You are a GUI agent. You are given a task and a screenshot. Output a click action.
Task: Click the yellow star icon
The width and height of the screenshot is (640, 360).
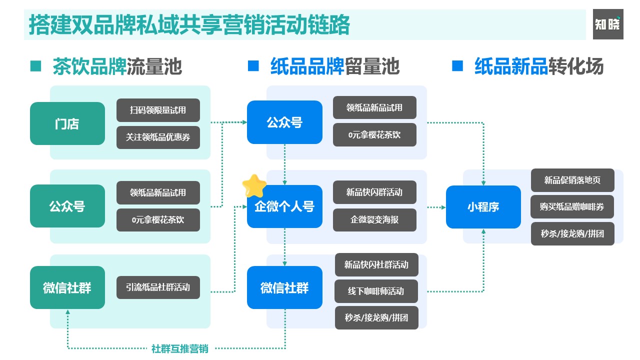(x=253, y=186)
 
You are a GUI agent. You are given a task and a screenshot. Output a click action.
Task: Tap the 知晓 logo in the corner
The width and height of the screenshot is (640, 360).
(x=608, y=24)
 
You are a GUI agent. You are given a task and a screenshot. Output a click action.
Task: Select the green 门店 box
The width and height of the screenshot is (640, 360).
(x=67, y=123)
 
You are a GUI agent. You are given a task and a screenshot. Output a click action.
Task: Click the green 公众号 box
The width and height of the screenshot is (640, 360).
(x=67, y=206)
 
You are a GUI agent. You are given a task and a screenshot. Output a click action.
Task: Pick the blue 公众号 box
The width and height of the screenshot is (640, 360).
(x=284, y=122)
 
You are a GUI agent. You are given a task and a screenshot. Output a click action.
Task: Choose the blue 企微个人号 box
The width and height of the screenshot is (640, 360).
(x=284, y=206)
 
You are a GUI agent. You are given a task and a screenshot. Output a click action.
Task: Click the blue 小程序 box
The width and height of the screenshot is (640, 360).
(x=483, y=206)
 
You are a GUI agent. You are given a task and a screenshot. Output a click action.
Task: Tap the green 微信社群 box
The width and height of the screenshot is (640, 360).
(x=67, y=287)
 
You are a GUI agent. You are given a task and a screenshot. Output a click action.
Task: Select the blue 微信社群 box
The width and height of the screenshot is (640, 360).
(x=284, y=287)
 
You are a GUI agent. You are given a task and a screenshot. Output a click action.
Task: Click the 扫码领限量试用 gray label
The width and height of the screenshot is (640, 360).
(x=158, y=110)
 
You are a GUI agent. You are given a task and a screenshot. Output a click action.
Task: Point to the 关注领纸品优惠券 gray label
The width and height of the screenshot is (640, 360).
(x=158, y=137)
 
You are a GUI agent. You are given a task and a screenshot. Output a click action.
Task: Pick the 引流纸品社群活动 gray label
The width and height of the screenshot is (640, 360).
(x=158, y=287)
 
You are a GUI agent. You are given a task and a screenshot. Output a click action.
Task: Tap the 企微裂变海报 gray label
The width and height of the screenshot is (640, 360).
(x=374, y=219)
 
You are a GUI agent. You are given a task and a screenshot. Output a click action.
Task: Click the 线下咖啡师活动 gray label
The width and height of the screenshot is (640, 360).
(x=376, y=291)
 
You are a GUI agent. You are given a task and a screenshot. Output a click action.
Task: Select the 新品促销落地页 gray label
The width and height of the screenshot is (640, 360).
(x=572, y=180)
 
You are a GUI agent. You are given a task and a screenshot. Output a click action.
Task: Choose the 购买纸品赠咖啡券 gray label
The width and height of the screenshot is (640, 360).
(x=572, y=206)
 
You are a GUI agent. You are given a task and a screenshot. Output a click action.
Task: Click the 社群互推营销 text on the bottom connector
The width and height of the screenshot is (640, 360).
(x=179, y=349)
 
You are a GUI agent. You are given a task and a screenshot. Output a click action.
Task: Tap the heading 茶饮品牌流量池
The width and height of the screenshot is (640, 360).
(x=117, y=66)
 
